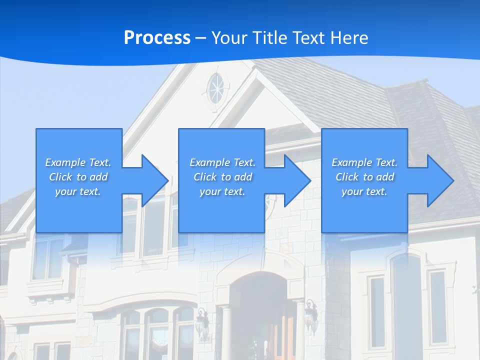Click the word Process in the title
click(157, 38)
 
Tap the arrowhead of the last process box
click(439, 180)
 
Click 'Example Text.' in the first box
click(78, 162)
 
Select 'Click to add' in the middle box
click(222, 177)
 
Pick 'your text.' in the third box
click(364, 191)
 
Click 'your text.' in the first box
click(78, 191)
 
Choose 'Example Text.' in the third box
click(364, 162)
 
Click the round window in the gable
click(216, 88)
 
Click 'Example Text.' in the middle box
click(222, 162)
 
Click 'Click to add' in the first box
click(78, 177)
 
